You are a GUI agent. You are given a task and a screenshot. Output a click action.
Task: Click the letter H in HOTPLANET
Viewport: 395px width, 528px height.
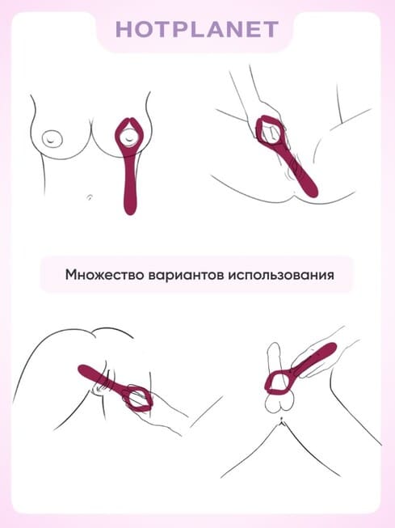point(125,29)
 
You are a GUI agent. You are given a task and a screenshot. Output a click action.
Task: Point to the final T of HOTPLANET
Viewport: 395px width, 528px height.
point(270,29)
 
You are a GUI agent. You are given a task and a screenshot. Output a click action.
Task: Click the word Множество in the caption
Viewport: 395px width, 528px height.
point(104,275)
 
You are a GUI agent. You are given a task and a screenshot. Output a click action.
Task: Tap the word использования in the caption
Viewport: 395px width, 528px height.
point(282,275)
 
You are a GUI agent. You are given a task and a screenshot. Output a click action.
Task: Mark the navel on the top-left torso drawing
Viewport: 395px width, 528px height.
point(90,196)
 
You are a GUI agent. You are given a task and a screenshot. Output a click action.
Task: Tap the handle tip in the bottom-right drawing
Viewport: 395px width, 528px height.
point(331,348)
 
